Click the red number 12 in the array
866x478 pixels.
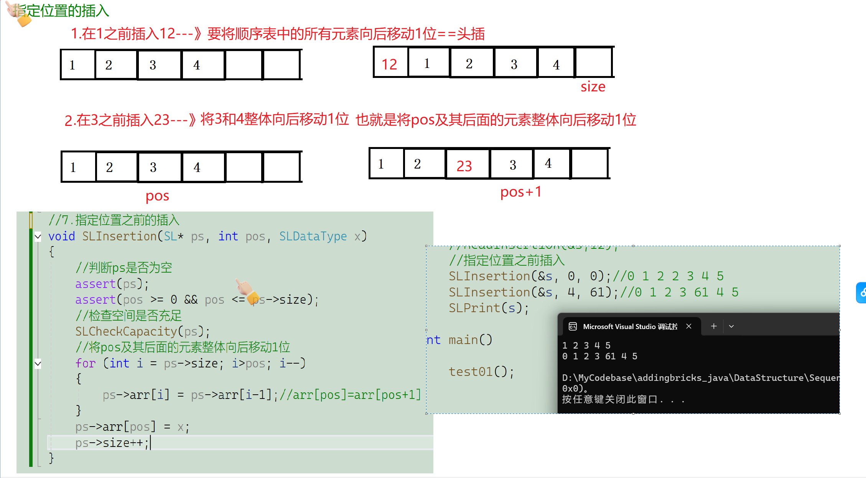point(389,65)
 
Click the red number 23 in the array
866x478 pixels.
point(464,166)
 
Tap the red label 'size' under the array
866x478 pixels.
point(593,87)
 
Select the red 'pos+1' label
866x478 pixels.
point(521,192)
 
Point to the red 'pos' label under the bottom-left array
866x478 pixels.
point(157,196)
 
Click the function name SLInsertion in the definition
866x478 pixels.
point(119,236)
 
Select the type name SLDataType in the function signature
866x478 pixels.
point(313,236)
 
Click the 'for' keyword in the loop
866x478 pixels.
point(85,363)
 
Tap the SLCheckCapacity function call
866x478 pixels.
point(126,331)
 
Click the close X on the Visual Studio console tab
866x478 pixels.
point(689,326)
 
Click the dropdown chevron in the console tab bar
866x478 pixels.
point(731,326)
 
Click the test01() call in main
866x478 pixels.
point(481,372)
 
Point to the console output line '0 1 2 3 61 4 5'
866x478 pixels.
point(599,356)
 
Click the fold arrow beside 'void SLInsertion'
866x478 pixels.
point(38,237)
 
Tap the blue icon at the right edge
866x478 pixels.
point(861,293)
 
